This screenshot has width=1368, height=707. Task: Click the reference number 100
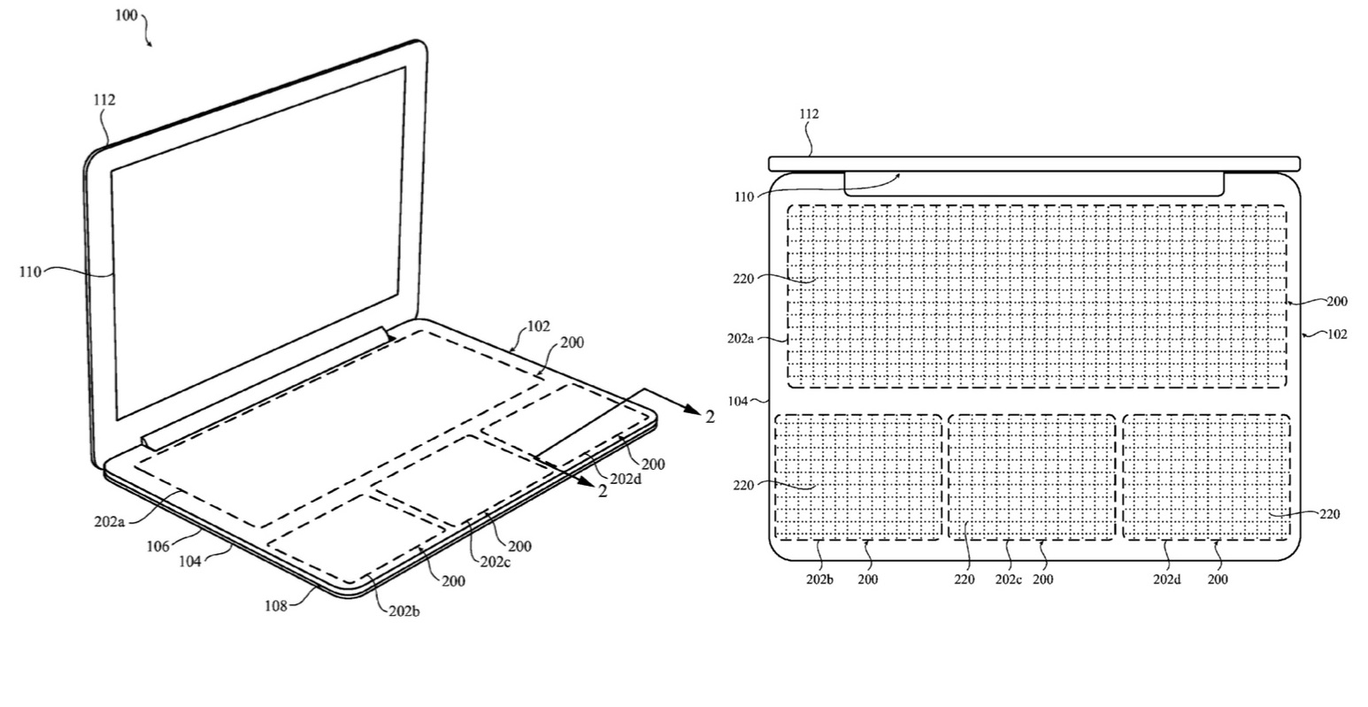click(127, 15)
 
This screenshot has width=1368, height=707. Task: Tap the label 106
click(158, 547)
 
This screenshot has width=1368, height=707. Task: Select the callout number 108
click(276, 605)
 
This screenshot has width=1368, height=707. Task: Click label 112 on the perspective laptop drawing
click(104, 99)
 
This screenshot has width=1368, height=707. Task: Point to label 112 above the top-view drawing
click(809, 113)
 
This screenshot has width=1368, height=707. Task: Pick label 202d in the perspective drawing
click(626, 480)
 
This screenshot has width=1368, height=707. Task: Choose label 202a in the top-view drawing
click(740, 338)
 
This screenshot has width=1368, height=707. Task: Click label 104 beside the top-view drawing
click(738, 401)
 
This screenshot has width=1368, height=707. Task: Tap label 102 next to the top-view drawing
click(1337, 334)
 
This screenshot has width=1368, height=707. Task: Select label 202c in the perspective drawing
click(495, 562)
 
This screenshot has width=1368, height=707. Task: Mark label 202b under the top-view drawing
click(819, 580)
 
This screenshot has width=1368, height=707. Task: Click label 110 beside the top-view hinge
click(744, 197)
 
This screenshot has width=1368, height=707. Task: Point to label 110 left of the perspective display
click(30, 272)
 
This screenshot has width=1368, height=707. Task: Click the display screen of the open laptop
click(259, 243)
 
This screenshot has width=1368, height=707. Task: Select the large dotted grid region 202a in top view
click(1037, 296)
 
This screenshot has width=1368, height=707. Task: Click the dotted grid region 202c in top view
click(1032, 477)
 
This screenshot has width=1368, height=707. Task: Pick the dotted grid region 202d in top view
click(1207, 477)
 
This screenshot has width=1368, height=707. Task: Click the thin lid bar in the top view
click(1034, 164)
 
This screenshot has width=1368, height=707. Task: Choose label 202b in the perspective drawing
click(404, 611)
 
